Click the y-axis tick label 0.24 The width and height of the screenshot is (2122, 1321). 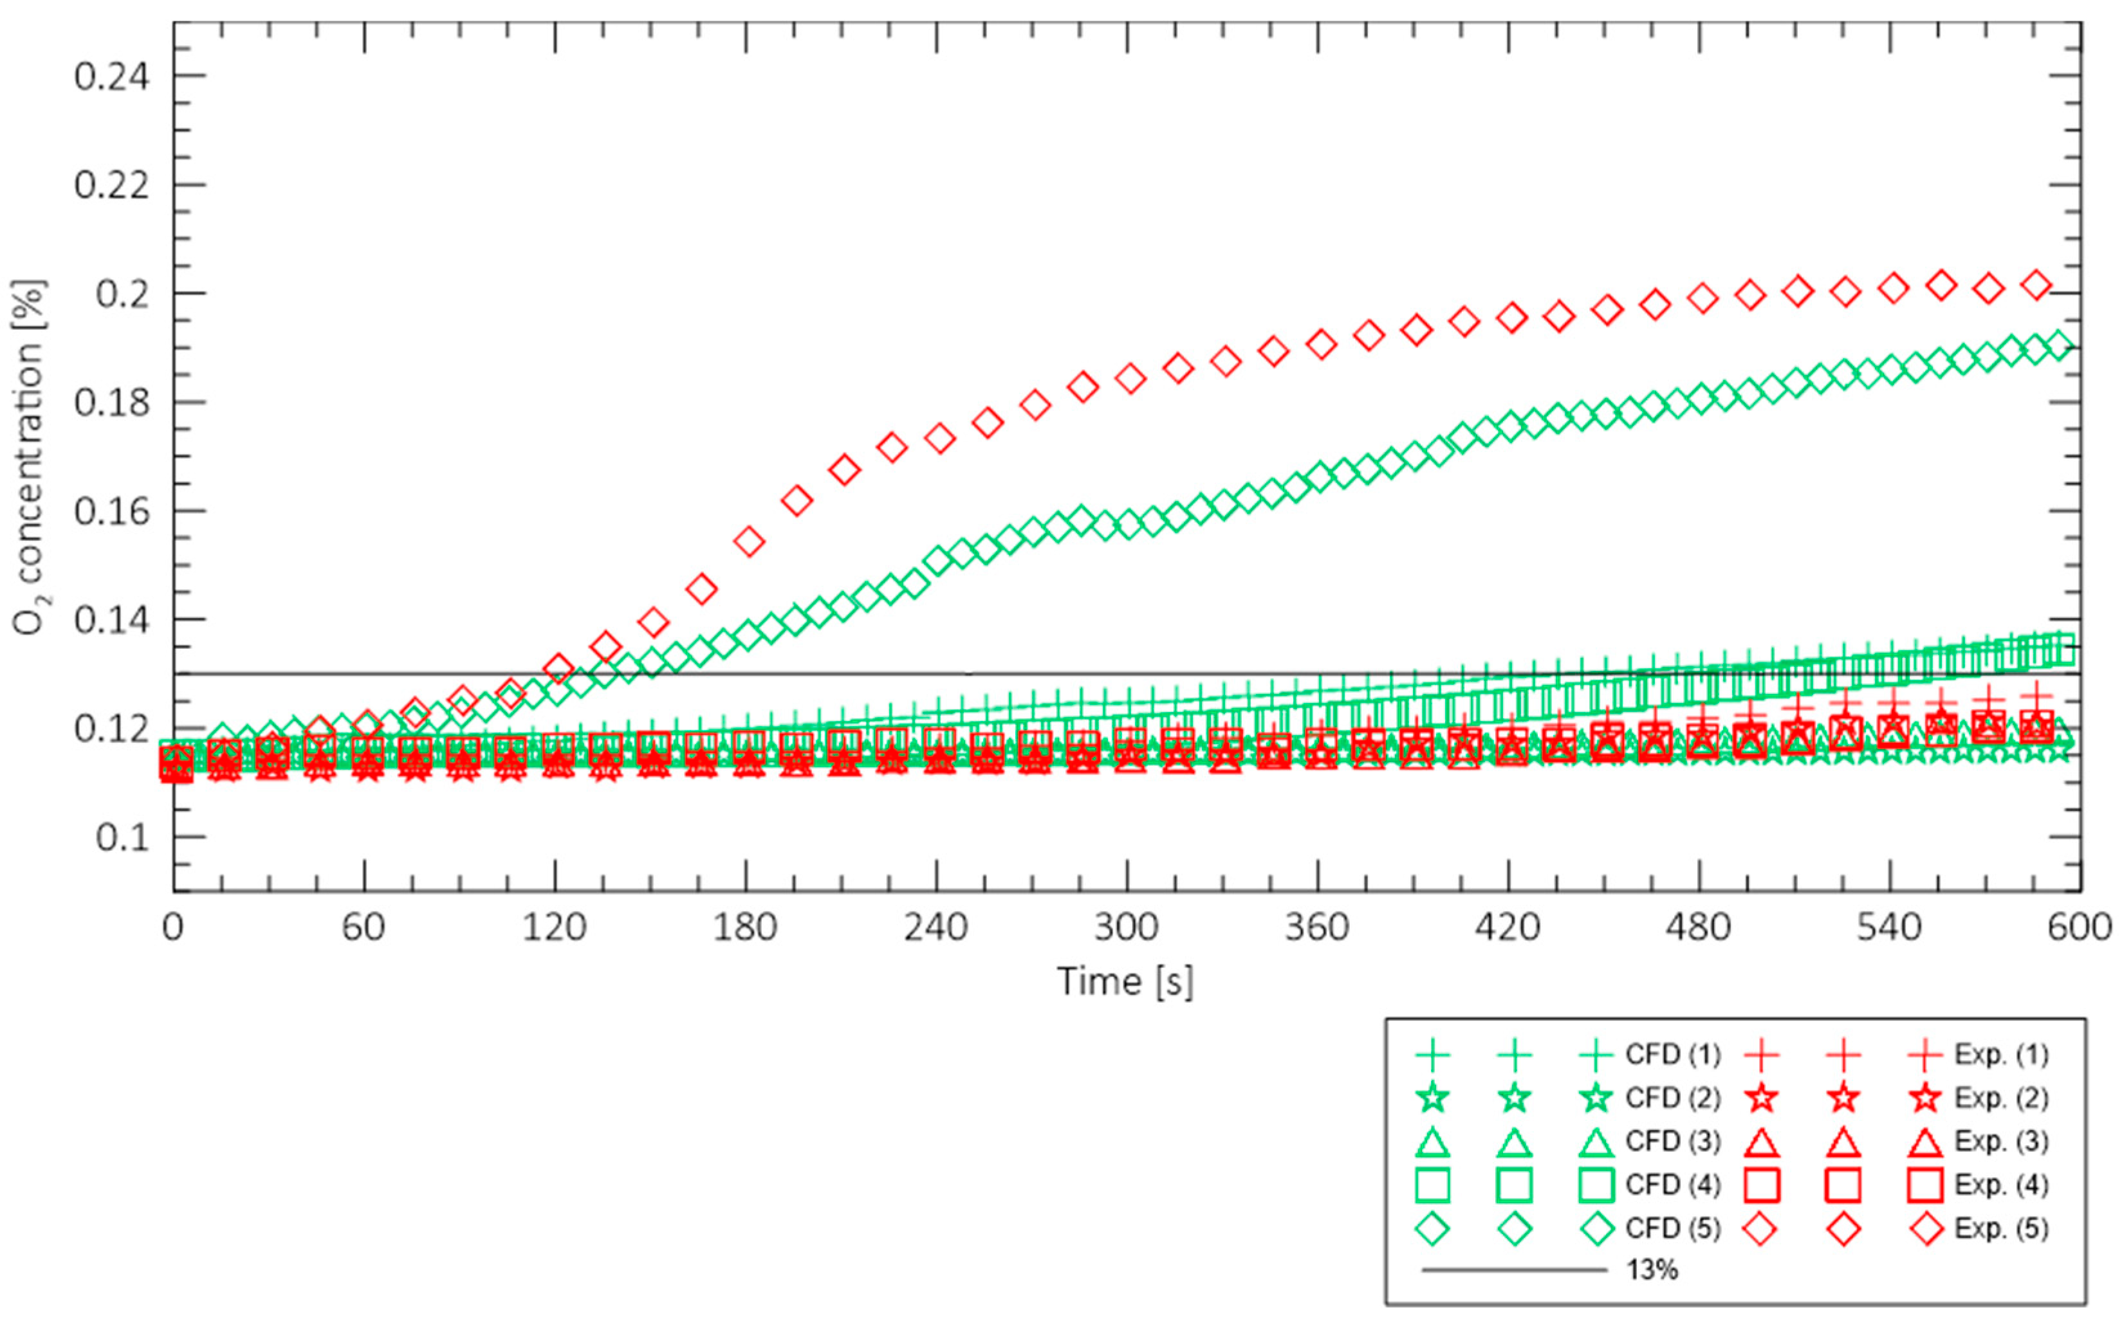111,76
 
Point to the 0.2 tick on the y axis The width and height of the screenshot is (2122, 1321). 122,293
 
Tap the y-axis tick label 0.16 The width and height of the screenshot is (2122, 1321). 111,511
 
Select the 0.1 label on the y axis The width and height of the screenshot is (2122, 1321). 122,837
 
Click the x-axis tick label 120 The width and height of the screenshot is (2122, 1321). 554,927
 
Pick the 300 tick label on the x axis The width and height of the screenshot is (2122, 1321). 1127,927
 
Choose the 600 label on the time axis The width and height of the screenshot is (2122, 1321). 2080,927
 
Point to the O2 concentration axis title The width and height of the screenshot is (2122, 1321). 31,457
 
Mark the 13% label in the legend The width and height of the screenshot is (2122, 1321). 1652,1270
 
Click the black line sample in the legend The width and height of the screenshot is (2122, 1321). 1514,1270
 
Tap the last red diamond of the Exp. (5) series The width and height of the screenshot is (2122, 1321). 2037,285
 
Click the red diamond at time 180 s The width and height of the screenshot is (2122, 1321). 749,542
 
